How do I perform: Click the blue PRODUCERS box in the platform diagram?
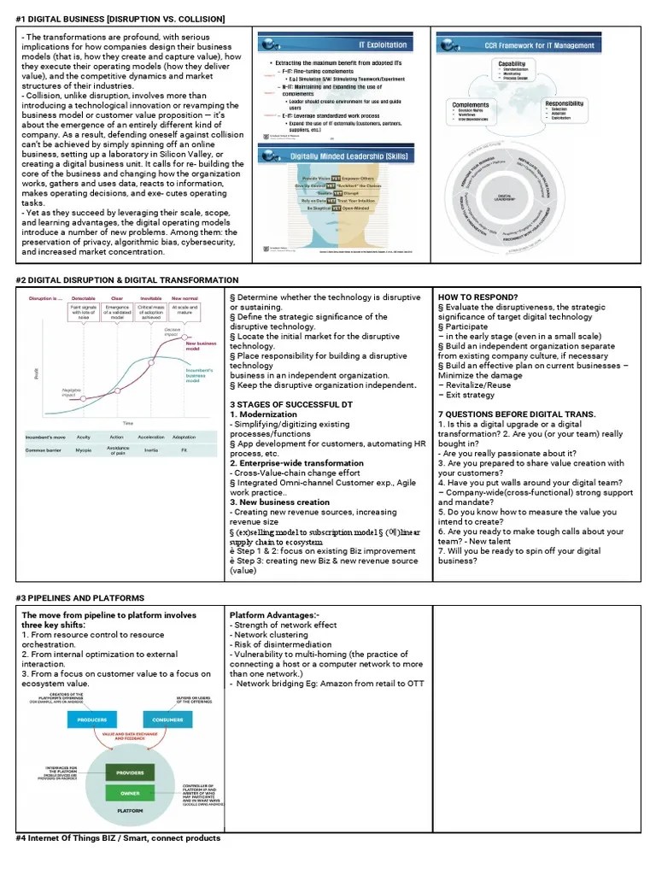click(x=92, y=719)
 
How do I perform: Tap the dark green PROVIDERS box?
click(x=130, y=772)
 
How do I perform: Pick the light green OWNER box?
click(x=130, y=794)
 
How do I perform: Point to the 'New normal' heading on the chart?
click(x=184, y=298)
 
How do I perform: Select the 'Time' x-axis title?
click(x=127, y=422)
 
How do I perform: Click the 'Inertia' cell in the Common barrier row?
click(x=150, y=449)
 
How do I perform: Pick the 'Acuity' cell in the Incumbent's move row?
click(x=83, y=437)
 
